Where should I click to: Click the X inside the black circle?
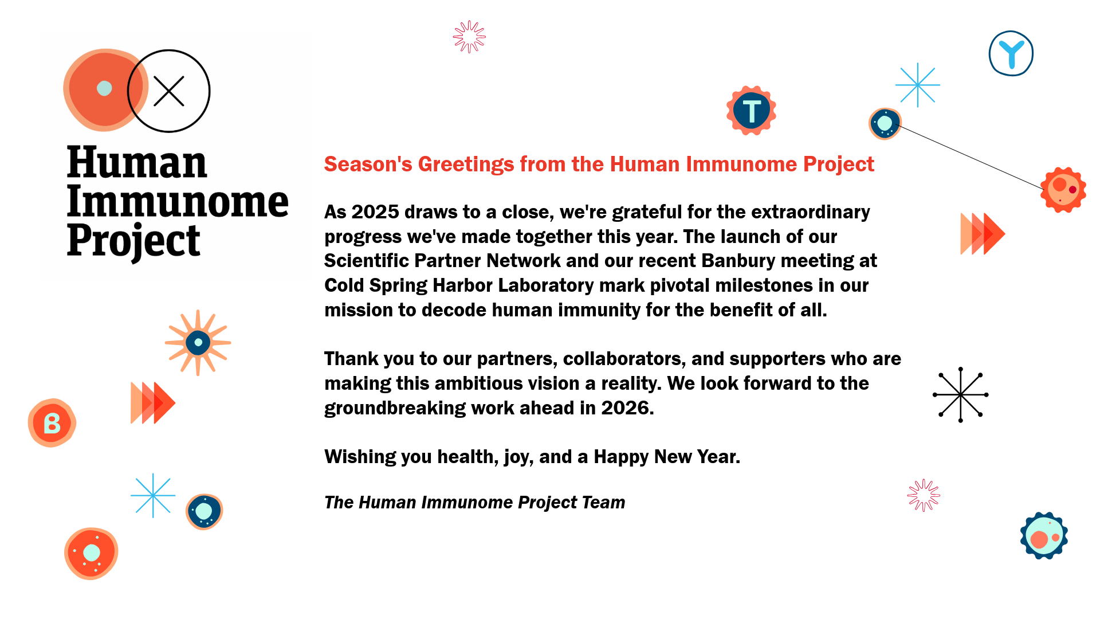[168, 91]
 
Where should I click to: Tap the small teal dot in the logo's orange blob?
[104, 88]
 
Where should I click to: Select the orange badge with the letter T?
[751, 111]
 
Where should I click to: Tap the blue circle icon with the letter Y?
[1011, 53]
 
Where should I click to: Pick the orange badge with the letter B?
[52, 423]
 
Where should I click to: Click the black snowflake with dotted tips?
[961, 395]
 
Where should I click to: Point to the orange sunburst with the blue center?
[198, 343]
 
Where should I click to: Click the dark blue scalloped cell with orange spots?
[1044, 536]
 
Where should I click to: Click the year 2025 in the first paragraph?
[375, 212]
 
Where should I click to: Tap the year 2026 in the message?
[625, 408]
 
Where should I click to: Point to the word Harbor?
[462, 285]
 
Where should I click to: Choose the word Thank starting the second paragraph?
[351, 359]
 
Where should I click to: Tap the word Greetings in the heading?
[466, 164]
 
